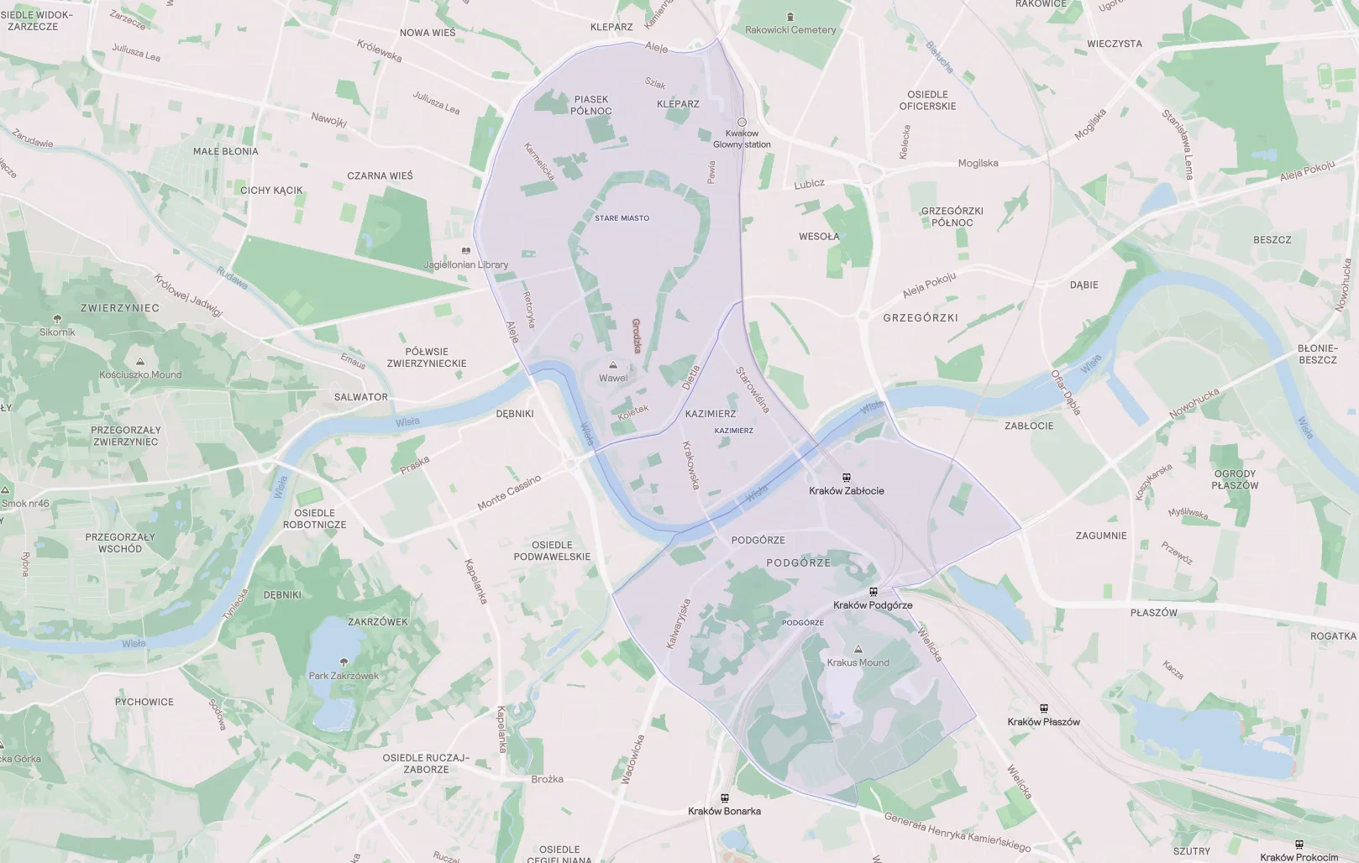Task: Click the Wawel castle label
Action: click(x=613, y=378)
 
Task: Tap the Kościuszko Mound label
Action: click(x=140, y=374)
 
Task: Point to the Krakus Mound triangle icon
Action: click(x=858, y=649)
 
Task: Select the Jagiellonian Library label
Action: click(x=466, y=264)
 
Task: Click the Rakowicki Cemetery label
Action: click(x=790, y=29)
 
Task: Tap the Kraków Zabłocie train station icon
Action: click(x=846, y=477)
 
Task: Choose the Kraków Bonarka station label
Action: click(x=724, y=811)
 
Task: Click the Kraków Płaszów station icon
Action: click(x=1044, y=709)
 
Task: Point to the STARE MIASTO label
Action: click(x=622, y=218)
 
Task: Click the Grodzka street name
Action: click(x=636, y=335)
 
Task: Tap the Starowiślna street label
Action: click(x=753, y=390)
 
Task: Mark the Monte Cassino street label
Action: click(x=509, y=493)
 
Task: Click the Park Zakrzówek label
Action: click(x=344, y=676)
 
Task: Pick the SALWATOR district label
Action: click(x=361, y=397)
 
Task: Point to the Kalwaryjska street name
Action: click(x=678, y=623)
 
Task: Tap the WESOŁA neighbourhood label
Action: click(x=819, y=237)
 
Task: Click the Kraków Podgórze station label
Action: click(x=873, y=605)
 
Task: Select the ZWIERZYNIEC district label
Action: click(x=120, y=308)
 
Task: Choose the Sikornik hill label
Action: click(x=57, y=332)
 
